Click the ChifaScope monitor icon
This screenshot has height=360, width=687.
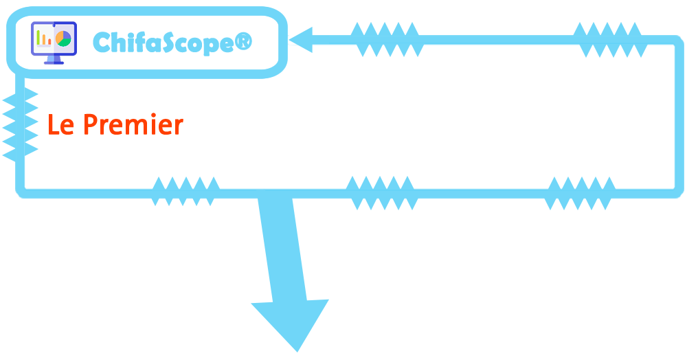54,43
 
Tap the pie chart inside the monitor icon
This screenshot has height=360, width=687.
63,38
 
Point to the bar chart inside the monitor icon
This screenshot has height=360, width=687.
44,38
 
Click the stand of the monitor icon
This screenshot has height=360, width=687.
54,60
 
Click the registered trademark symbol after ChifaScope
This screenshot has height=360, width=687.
243,42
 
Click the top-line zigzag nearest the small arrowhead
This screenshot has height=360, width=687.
385,40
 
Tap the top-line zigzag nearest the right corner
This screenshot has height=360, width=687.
609,40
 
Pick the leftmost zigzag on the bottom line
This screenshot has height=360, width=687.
185,192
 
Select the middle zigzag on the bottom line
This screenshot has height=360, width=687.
381,192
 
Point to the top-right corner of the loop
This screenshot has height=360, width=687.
675,41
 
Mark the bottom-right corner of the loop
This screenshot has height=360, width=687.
675,191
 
